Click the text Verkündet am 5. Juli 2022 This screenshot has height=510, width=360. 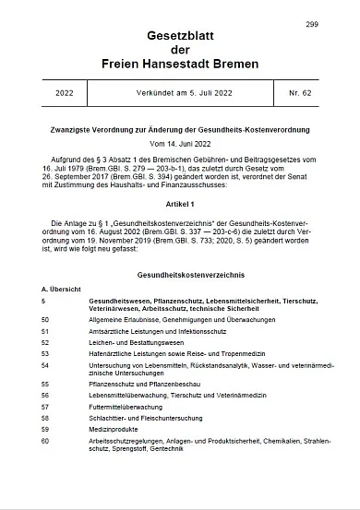(x=180, y=93)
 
